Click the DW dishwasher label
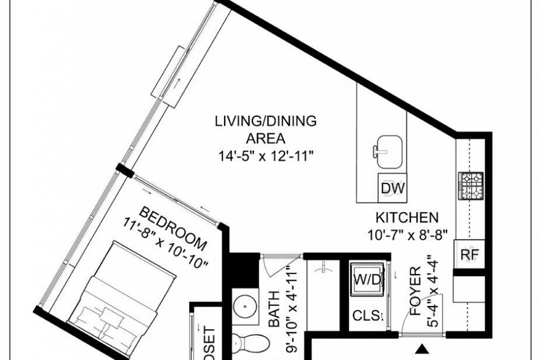coord(393,189)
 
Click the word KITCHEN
coord(407,217)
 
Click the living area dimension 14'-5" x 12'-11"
coord(266,156)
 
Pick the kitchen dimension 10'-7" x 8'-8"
coord(407,233)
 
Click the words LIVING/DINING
coord(266,122)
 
